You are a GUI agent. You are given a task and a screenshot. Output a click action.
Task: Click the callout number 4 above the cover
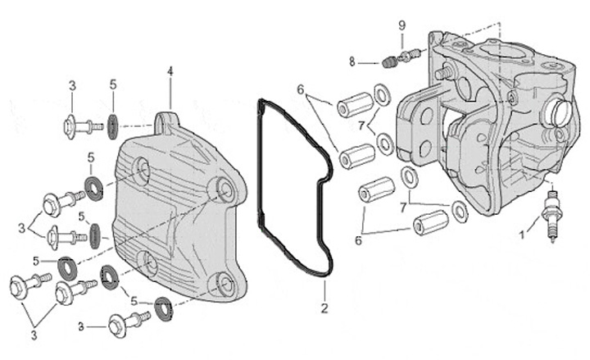pos(170,71)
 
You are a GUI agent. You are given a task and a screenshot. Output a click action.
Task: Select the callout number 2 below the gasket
pos(324,308)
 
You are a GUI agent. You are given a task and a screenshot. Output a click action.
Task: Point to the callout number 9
pos(402,25)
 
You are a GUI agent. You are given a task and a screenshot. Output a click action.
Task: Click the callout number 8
pos(352,62)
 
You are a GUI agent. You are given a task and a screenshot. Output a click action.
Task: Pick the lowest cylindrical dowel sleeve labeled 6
pos(429,221)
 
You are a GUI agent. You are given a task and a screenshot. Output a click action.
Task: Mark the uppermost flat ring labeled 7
pos(382,95)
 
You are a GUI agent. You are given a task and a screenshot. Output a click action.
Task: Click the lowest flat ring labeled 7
pos(460,212)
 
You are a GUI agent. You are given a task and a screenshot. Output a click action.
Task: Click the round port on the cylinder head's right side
pos(560,112)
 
